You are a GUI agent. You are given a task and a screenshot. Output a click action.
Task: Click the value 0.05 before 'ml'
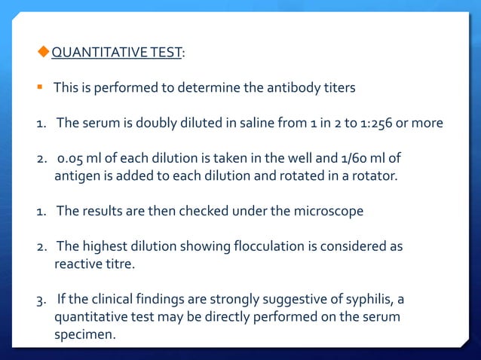coord(72,158)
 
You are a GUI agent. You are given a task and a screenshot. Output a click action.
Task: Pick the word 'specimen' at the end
coord(84,335)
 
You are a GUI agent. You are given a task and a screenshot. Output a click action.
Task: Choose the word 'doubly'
coord(139,124)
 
